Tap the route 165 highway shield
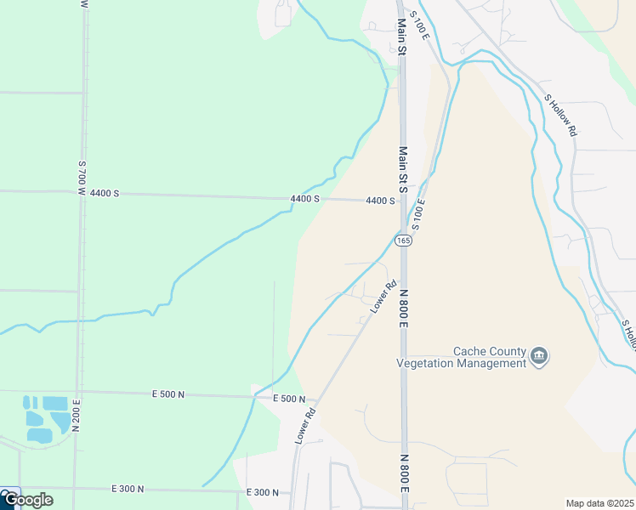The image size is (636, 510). point(403,241)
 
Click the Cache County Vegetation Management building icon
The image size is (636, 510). point(538,355)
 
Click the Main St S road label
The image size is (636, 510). point(403,169)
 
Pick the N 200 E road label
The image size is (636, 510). point(76,416)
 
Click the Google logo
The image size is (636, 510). point(27,499)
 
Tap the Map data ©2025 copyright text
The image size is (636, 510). point(599,503)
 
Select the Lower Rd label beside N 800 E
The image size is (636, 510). point(384,297)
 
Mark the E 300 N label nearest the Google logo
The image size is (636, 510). point(128,489)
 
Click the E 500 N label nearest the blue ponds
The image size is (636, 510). point(168,394)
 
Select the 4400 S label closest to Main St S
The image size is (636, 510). point(380,201)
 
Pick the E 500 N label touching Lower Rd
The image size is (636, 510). point(289,399)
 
